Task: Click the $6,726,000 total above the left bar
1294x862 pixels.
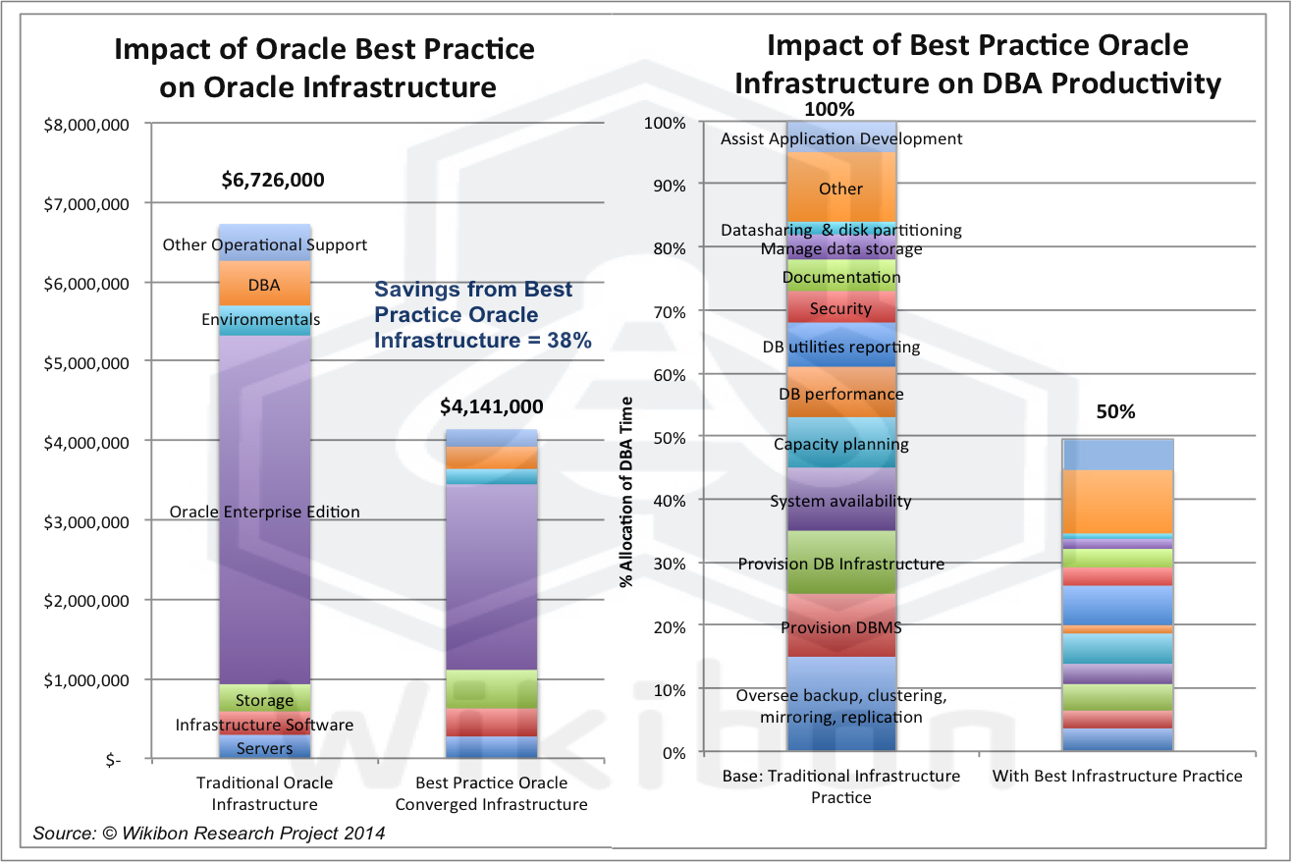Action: click(x=271, y=180)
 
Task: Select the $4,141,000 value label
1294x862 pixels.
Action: click(x=491, y=405)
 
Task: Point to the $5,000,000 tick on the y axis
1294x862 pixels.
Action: click(x=85, y=363)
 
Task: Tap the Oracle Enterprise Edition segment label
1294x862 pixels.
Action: click(x=264, y=512)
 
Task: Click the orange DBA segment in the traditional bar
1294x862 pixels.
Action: click(x=264, y=286)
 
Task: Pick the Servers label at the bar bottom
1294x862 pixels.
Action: click(x=264, y=748)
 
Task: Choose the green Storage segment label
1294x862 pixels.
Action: click(x=264, y=700)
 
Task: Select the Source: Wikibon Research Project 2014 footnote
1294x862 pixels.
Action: click(x=208, y=834)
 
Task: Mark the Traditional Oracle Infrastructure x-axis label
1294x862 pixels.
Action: click(x=264, y=793)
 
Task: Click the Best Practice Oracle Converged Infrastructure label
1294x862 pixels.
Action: click(x=491, y=793)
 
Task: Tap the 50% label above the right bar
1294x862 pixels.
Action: click(x=1115, y=412)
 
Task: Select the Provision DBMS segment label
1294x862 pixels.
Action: click(x=841, y=627)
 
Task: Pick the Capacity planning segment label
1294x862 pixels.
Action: click(x=841, y=444)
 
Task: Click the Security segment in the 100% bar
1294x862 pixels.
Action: click(x=841, y=308)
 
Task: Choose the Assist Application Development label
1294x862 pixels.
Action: click(x=841, y=138)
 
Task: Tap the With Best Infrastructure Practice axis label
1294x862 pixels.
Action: click(x=1117, y=776)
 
